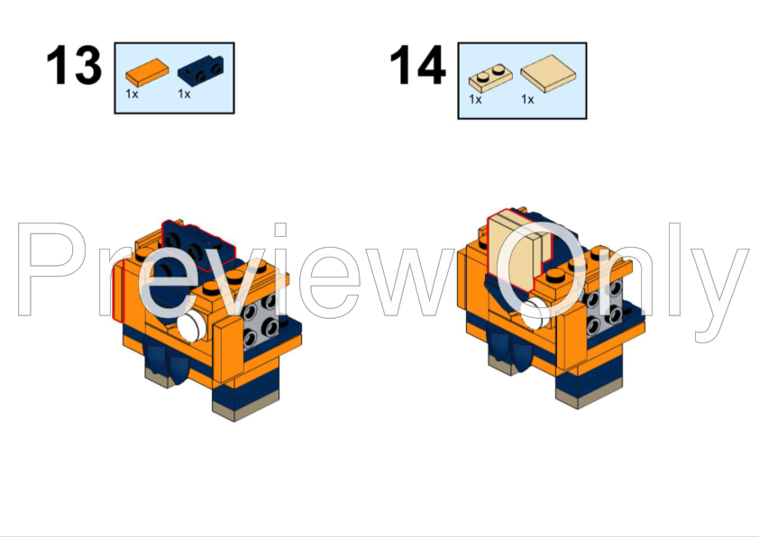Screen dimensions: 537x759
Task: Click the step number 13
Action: [74, 66]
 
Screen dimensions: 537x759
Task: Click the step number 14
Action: [417, 66]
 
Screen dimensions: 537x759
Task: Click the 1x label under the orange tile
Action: [132, 94]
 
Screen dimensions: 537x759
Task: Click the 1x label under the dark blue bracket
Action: [184, 94]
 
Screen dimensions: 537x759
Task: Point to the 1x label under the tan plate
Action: [475, 99]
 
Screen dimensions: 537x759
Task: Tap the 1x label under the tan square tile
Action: [527, 99]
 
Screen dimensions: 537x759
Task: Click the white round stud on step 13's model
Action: [191, 325]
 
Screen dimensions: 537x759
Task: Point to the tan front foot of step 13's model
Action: [234, 410]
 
